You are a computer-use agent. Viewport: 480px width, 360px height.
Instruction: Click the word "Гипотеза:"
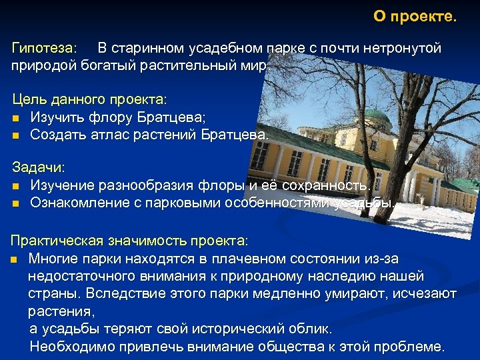pos(45,49)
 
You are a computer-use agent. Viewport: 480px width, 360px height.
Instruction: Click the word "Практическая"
pos(53,240)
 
